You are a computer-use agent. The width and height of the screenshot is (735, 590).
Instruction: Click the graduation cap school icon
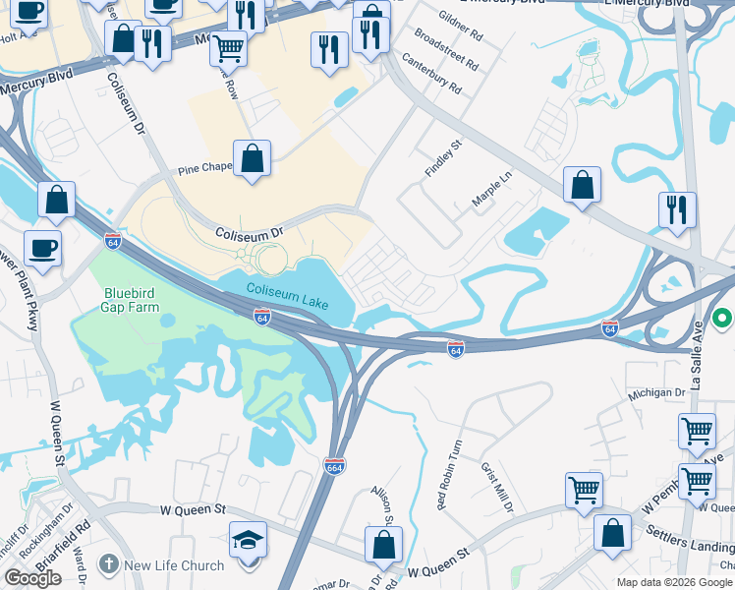[x=249, y=540]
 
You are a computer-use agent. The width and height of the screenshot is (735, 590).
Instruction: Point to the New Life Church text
[x=174, y=565]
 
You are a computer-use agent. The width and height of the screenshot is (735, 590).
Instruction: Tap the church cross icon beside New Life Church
[x=108, y=564]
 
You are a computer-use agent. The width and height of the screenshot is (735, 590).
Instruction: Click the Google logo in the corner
[x=32, y=578]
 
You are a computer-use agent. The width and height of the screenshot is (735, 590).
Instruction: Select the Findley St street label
[x=442, y=152]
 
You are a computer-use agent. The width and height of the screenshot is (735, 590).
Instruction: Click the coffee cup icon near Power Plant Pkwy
[x=42, y=248]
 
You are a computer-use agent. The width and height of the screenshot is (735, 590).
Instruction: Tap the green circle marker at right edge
[x=723, y=319]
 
